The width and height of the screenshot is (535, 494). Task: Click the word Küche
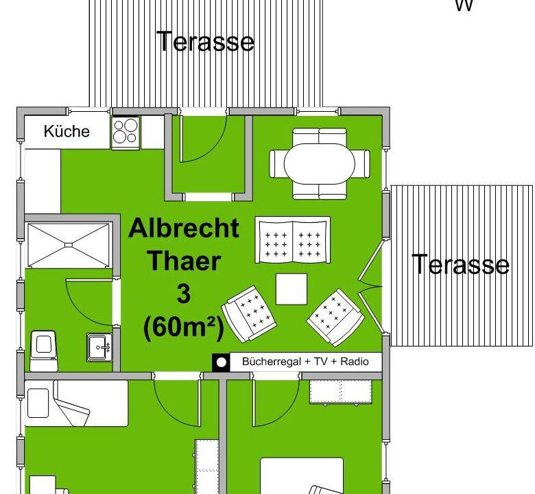[67, 132]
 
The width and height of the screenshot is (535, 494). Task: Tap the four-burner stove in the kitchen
[126, 133]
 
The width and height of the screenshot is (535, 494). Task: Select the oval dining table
[320, 164]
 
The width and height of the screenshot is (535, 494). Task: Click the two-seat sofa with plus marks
[293, 239]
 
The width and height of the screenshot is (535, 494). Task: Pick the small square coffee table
[292, 289]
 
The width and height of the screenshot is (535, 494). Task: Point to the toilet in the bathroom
[43, 351]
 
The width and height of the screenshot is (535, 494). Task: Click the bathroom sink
[99, 347]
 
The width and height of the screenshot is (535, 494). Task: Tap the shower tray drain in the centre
[69, 244]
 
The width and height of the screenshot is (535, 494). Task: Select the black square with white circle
[221, 362]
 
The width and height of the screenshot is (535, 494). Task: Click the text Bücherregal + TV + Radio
[305, 362]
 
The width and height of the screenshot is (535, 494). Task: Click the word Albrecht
[184, 228]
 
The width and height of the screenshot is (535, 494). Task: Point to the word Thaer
[185, 261]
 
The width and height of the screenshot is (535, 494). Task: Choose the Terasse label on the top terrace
[206, 41]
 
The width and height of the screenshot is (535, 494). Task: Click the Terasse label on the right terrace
[461, 264]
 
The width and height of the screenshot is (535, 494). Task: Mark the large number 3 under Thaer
[184, 294]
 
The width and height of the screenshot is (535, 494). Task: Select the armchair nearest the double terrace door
[335, 318]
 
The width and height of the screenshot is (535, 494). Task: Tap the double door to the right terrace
[370, 286]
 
